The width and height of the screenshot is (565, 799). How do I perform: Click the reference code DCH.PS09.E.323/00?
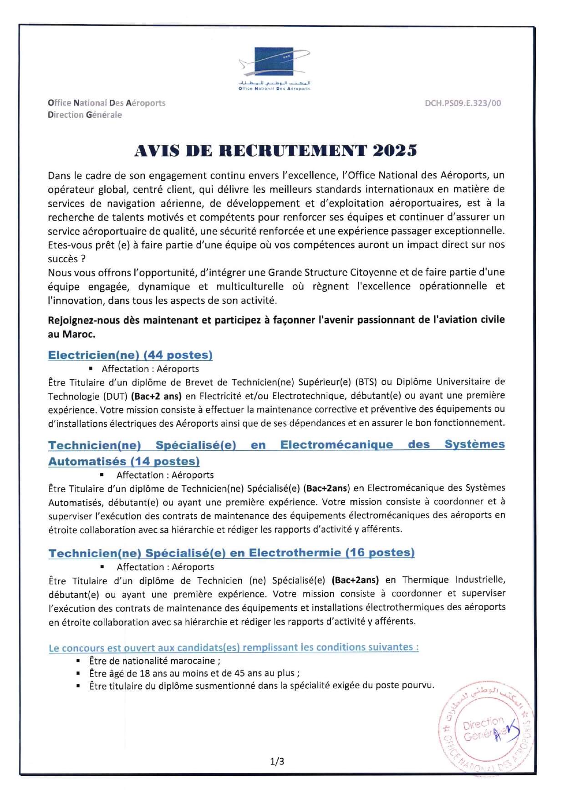463,103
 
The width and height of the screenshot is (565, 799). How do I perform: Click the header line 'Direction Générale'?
85,115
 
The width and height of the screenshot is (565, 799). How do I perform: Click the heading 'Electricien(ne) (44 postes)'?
130,355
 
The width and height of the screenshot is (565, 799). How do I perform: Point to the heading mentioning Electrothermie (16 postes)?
231,553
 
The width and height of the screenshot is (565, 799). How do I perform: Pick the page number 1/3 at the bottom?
277,761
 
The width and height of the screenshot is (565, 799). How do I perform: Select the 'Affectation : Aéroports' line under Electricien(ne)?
150,369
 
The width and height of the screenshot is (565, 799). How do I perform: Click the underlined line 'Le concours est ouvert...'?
234,647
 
